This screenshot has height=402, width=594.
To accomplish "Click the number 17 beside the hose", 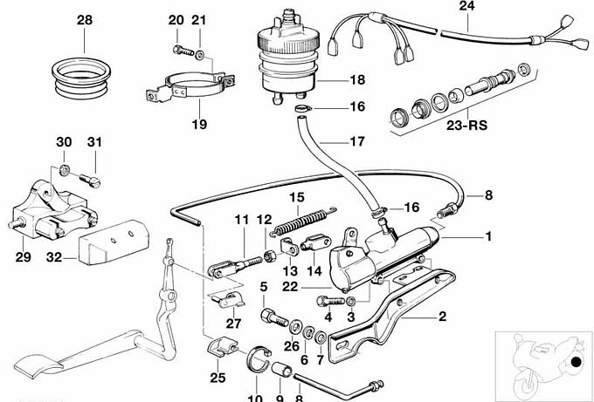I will (333, 141).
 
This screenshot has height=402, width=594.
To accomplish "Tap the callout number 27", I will (232, 323).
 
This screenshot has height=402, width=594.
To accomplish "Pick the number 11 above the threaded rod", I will (241, 219).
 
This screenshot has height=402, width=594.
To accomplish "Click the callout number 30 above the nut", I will (64, 142).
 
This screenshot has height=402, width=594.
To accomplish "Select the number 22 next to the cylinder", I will (290, 286).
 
